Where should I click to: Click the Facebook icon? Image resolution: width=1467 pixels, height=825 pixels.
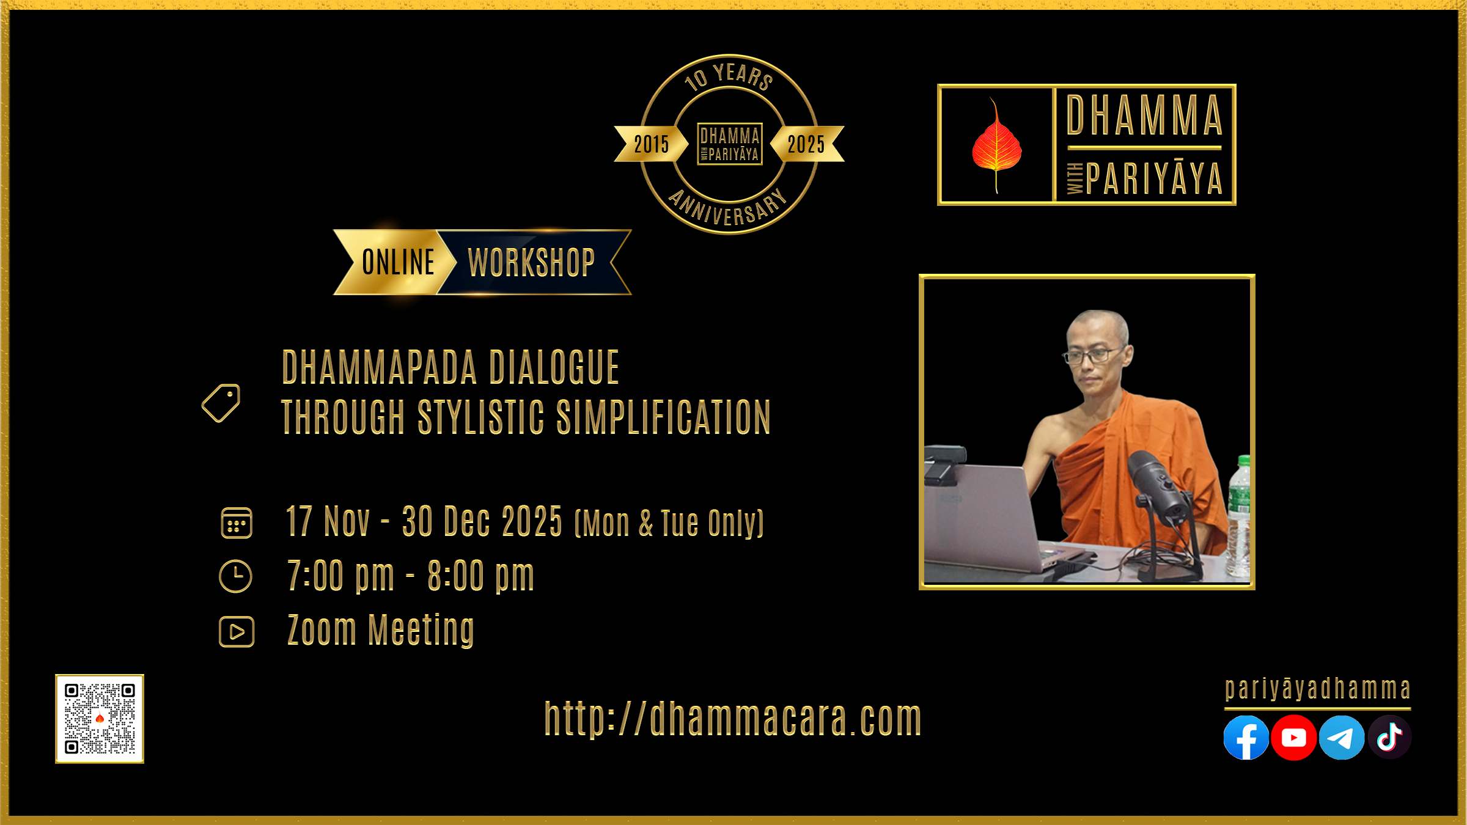pos(1246,738)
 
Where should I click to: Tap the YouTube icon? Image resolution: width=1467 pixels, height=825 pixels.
pos(1293,738)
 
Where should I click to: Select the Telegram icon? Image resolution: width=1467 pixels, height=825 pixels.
pos(1342,738)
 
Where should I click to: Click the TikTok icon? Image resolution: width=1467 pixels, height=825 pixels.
pos(1389,738)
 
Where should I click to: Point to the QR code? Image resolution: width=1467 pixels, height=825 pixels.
pos(100,719)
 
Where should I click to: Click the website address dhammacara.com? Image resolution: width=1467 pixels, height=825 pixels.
pos(733,719)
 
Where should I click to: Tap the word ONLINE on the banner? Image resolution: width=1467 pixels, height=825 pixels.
pos(398,262)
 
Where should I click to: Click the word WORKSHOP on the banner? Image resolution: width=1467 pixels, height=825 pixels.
pos(531,263)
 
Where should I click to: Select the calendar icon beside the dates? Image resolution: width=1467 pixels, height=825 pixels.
pos(236,523)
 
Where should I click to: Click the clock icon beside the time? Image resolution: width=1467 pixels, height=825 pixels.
pos(235,576)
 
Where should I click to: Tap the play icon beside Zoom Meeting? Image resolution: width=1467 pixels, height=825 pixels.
pos(237,632)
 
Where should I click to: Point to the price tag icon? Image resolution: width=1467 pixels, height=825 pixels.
pos(221,403)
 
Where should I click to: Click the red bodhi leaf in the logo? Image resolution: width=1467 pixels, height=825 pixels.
pos(996,145)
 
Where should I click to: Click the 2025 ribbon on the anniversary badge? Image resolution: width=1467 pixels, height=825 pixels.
pos(807,144)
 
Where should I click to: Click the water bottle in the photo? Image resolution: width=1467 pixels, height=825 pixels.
pos(1239,516)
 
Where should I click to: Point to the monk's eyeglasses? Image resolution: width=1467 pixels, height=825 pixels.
pos(1093,354)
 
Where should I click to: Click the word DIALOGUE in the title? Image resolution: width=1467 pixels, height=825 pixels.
pos(554,368)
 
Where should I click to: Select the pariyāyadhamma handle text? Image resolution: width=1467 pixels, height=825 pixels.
pos(1318,689)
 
